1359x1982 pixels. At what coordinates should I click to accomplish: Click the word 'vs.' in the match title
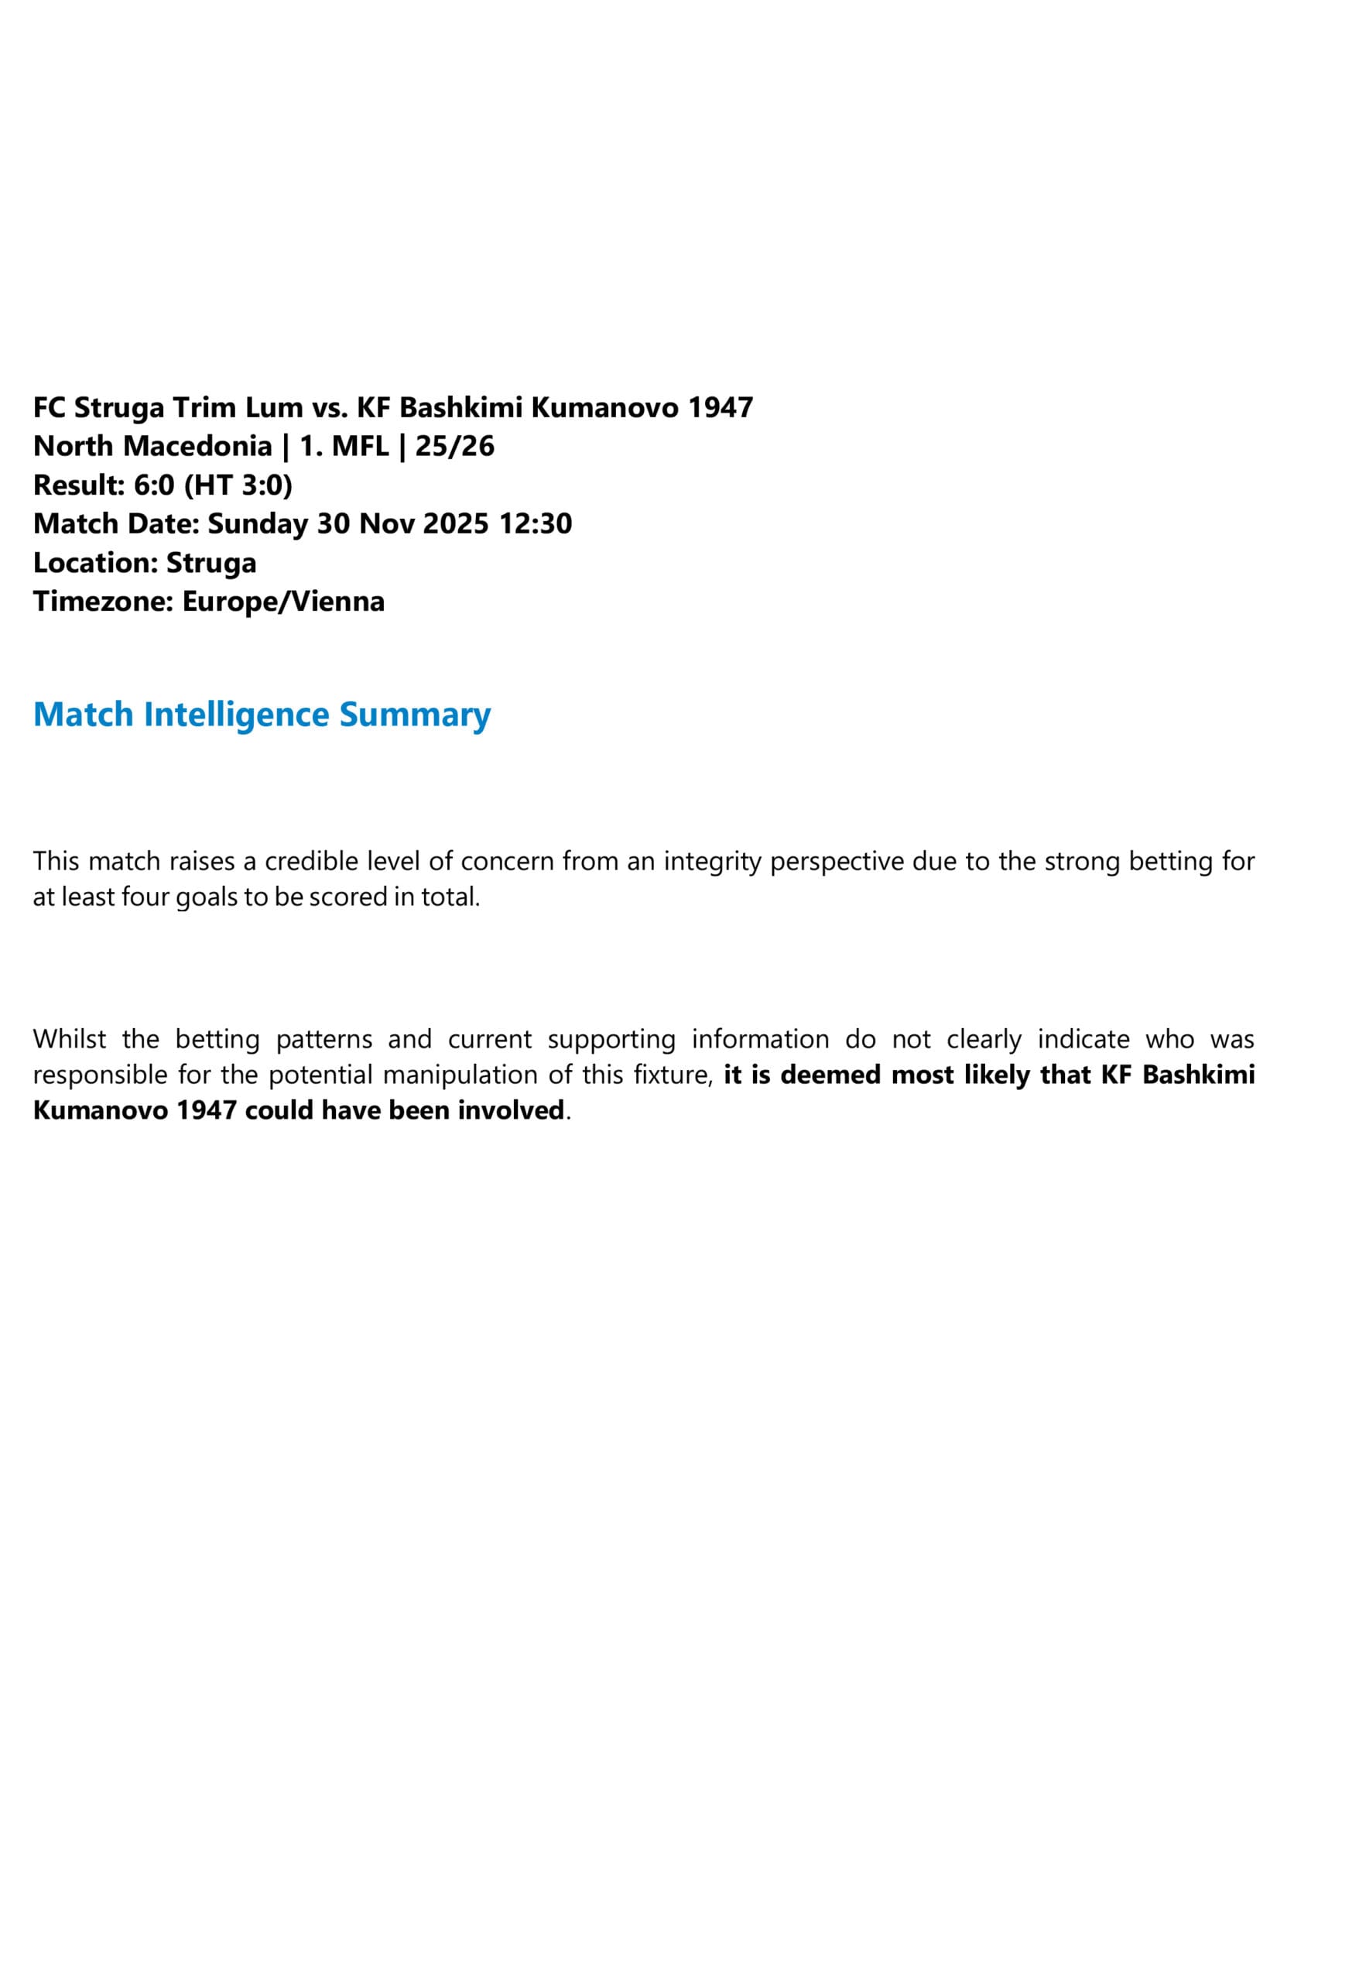coord(329,408)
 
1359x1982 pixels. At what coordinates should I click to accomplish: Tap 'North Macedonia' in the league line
coord(152,446)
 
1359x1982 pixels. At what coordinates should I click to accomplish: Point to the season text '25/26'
coord(454,446)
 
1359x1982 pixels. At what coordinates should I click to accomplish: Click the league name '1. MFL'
coord(344,446)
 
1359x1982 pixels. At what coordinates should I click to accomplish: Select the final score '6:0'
coord(154,485)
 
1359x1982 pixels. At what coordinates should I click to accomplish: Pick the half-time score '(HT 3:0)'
coord(238,485)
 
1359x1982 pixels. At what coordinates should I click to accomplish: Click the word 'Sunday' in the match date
coord(258,523)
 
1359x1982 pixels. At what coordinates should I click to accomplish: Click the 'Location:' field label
coord(95,563)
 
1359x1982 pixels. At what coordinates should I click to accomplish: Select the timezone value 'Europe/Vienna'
coord(283,602)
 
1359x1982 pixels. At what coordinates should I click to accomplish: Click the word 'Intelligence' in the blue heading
coord(236,715)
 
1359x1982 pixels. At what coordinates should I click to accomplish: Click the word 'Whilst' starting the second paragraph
coord(70,1040)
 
